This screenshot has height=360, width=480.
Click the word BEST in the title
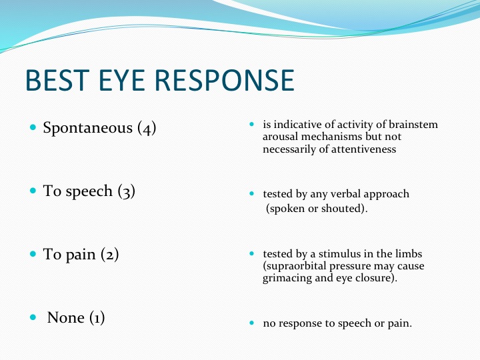[x=57, y=80]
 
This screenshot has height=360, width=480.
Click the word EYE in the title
[x=121, y=80]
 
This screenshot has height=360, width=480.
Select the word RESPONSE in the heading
[x=225, y=80]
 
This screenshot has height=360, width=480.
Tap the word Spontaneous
[x=87, y=127]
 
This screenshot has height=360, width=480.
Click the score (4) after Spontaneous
[x=147, y=128]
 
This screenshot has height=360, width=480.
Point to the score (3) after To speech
[x=127, y=191]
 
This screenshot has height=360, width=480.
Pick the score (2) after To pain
[x=109, y=255]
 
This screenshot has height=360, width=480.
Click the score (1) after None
[x=97, y=318]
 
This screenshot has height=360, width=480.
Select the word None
[x=66, y=318]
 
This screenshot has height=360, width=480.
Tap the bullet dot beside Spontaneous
[x=33, y=127]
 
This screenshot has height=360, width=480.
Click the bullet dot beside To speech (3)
[x=33, y=191]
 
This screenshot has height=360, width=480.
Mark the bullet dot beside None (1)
[x=33, y=317]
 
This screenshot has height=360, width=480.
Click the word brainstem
[x=413, y=125]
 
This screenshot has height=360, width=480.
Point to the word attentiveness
[x=364, y=149]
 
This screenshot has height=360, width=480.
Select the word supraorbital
[x=297, y=266]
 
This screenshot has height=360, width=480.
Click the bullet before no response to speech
[x=252, y=323]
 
